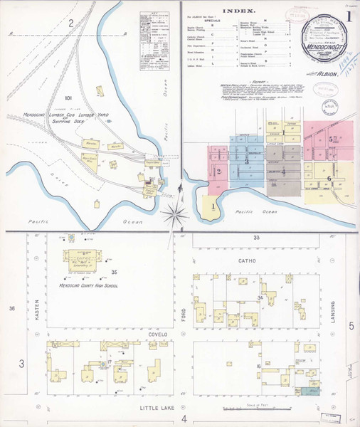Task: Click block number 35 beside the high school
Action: [x=114, y=273]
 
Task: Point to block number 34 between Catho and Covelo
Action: [x=260, y=297]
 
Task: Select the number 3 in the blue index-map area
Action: [x=246, y=162]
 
